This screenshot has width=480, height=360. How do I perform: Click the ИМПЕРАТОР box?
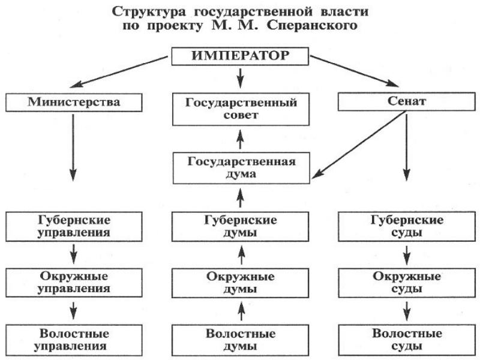click(240, 58)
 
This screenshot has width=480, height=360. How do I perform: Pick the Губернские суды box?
click(407, 224)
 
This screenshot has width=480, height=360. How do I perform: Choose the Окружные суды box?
click(407, 282)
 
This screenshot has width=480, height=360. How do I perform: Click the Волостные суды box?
click(407, 339)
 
